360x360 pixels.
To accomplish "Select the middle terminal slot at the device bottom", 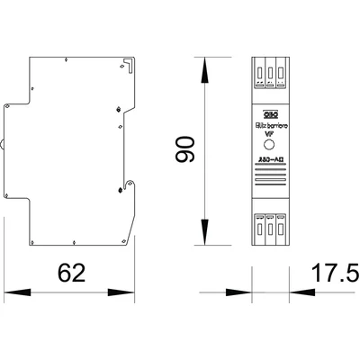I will (x=271, y=229).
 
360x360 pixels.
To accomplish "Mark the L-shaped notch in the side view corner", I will (x=130, y=65).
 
